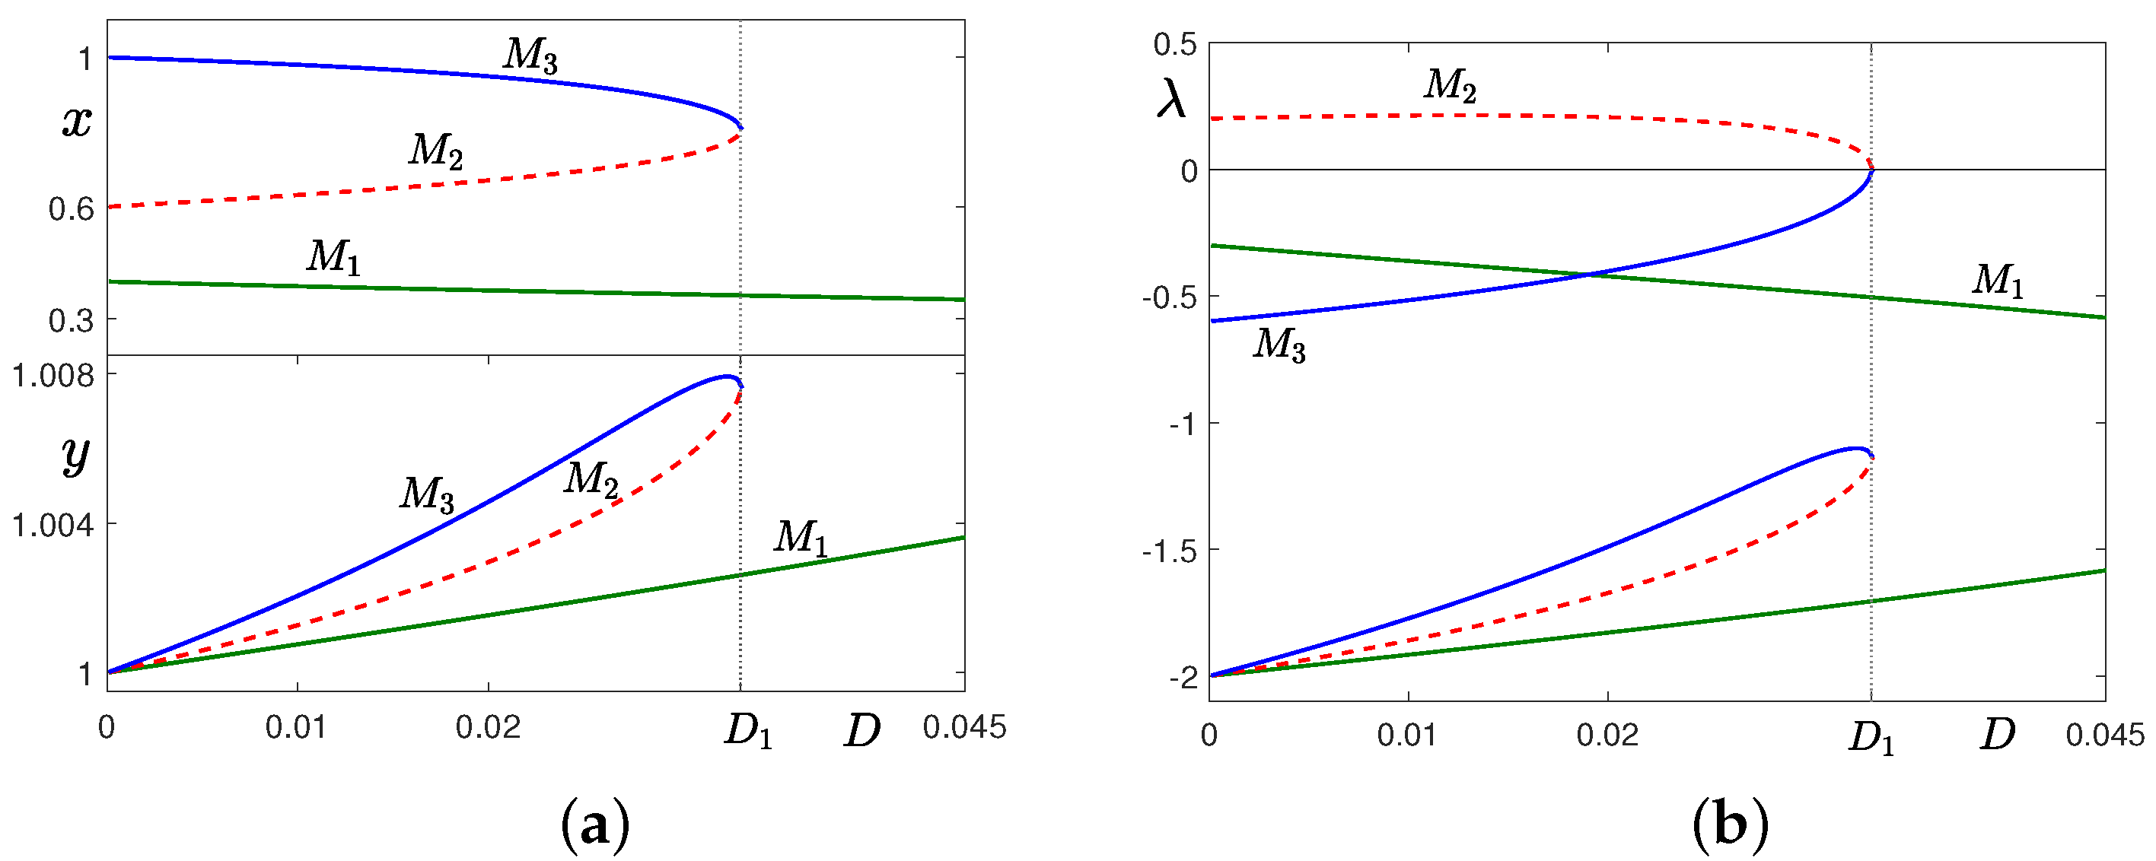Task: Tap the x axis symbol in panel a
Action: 77,122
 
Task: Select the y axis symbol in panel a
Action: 75,456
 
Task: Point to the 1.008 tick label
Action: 53,376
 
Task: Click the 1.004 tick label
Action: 53,526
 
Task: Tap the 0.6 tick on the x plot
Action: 71,208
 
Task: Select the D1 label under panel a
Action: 747,733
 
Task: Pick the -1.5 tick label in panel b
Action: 1169,551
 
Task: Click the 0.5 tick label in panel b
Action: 1174,44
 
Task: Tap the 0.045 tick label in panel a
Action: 964,728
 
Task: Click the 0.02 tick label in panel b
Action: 1607,736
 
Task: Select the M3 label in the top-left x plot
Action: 530,56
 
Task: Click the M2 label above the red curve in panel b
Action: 1451,85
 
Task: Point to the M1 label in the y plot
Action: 801,537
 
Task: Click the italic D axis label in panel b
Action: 1996,736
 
